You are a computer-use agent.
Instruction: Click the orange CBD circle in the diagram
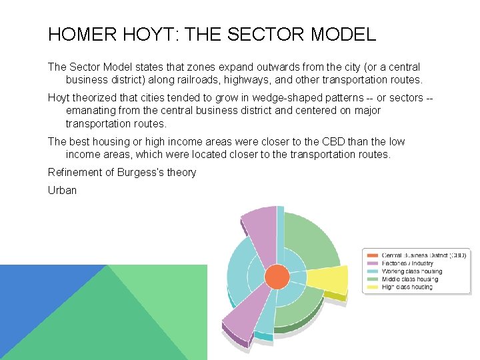(x=277, y=277)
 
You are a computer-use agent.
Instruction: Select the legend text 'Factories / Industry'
(x=408, y=263)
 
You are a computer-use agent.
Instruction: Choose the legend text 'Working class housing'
(x=412, y=271)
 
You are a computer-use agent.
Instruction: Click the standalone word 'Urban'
(x=62, y=190)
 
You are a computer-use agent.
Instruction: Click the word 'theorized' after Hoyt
(x=97, y=98)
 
